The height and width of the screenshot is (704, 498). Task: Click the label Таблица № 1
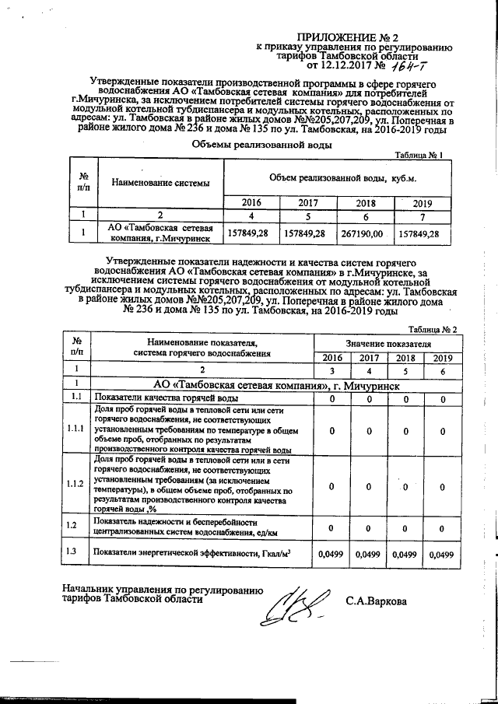click(x=419, y=156)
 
